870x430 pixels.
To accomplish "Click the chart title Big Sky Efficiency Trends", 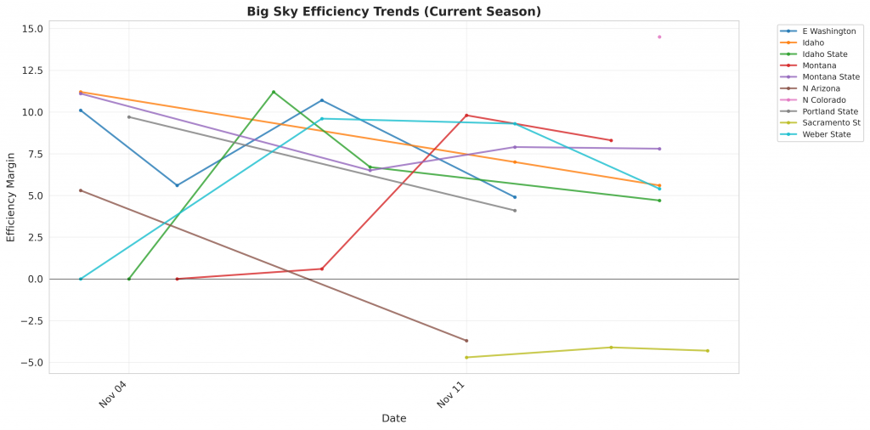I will click(393, 11).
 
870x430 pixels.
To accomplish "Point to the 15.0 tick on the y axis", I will click(32, 29).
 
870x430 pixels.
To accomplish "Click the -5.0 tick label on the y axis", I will click(32, 363).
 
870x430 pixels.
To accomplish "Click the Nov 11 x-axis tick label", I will click(452, 395).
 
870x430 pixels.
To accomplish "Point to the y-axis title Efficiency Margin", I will click(11, 195).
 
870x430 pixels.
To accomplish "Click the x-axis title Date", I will click(393, 418).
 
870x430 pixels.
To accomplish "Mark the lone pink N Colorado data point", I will click(659, 37).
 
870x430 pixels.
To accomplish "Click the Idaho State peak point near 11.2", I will click(274, 92).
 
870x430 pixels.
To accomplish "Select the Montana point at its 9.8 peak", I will click(466, 116).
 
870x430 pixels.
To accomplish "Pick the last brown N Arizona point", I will click(466, 341).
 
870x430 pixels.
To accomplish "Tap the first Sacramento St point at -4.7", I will click(466, 358).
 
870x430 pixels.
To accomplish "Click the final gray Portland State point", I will click(515, 211).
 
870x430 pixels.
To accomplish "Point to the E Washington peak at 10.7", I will click(322, 100).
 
